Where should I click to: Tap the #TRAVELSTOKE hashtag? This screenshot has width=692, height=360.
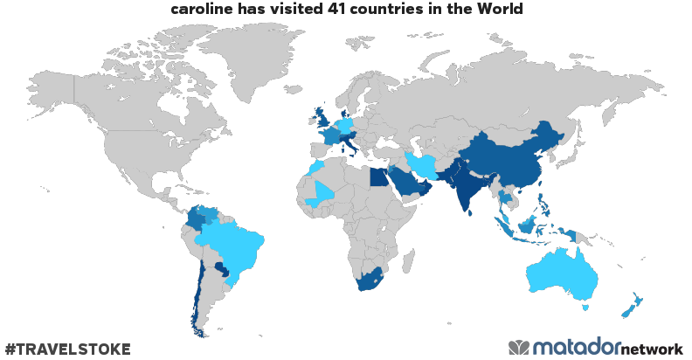pos(67,349)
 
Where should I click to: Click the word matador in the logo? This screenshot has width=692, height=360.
pos(576,347)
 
